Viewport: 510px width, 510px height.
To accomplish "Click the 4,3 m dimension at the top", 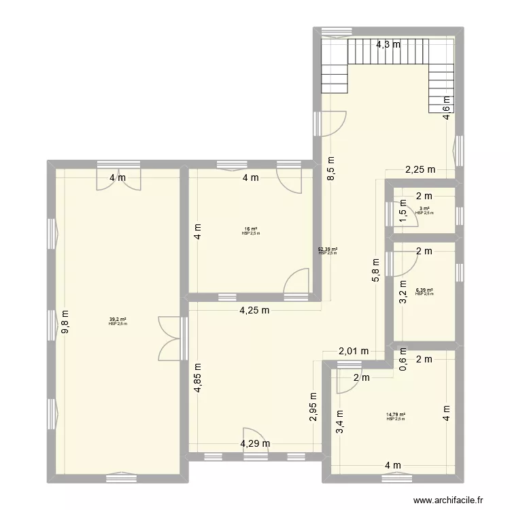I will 389,46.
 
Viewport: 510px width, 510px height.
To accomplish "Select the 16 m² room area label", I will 251,229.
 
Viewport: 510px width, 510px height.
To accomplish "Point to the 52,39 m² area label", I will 328,250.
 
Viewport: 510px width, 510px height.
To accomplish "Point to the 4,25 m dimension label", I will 254,311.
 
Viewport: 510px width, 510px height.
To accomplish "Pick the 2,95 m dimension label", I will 313,407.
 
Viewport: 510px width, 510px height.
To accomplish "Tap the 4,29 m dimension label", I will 254,444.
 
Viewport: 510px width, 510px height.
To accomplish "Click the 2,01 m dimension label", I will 354,351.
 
